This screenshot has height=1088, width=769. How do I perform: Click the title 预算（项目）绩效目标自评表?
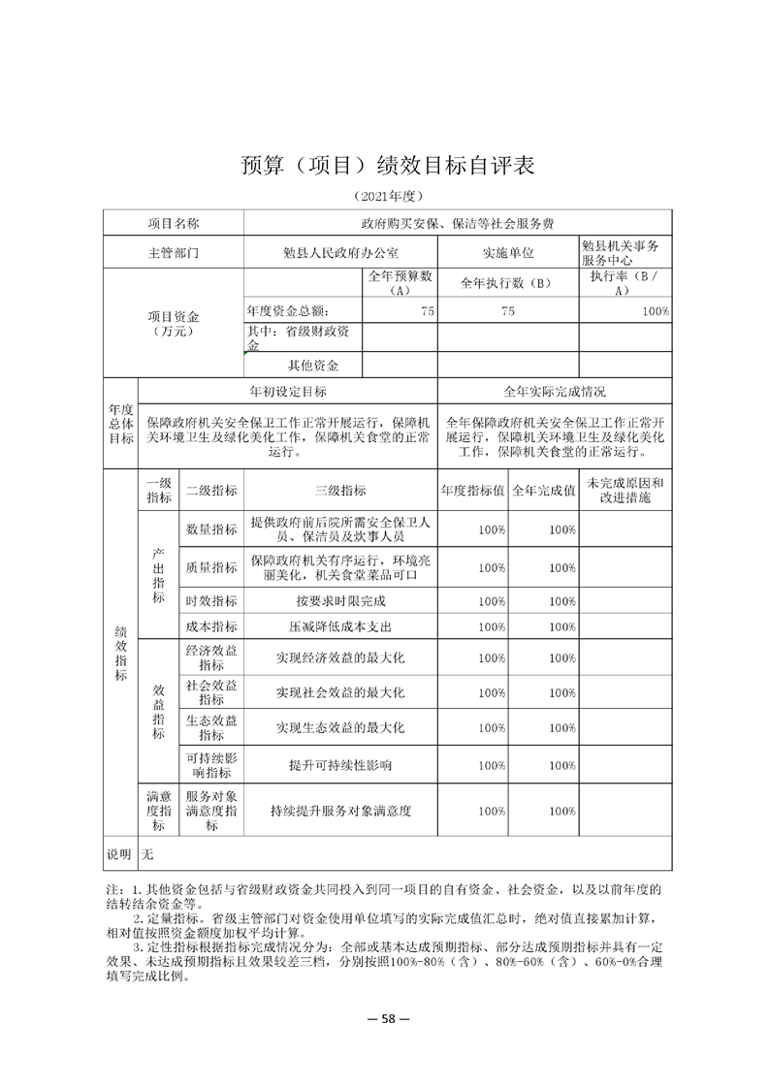[x=387, y=165]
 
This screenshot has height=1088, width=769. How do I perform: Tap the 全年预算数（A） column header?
[x=400, y=283]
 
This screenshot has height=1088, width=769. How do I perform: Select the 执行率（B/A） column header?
[x=625, y=283]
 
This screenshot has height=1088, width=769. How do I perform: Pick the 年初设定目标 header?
[x=288, y=391]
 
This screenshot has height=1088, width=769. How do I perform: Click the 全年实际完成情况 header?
[x=555, y=391]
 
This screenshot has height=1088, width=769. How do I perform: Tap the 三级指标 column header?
[x=339, y=490]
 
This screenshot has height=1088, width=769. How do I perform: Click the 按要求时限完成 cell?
[x=339, y=601]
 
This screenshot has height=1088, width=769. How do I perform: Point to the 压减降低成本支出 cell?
[x=339, y=626]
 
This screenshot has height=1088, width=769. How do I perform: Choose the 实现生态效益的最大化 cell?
[x=339, y=726]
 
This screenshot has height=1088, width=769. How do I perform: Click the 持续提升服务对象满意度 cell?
[x=339, y=810]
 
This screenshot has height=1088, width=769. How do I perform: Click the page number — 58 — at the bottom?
[x=386, y=1018]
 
